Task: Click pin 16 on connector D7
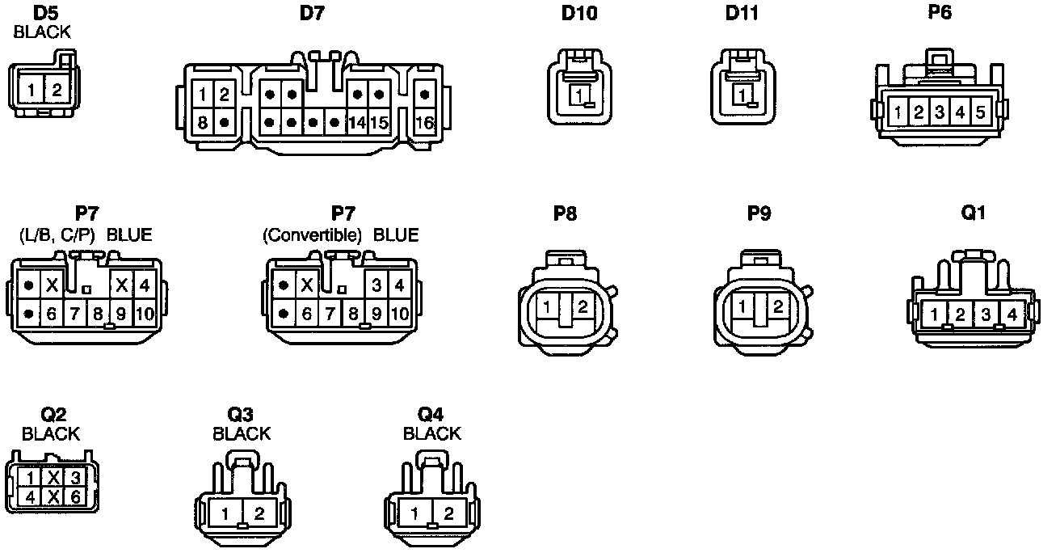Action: click(425, 123)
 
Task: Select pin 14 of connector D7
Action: click(357, 123)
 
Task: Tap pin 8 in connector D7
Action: click(203, 123)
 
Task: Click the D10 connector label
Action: click(579, 14)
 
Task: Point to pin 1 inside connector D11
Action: click(740, 95)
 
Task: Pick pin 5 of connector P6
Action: click(979, 112)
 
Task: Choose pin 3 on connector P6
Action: click(939, 112)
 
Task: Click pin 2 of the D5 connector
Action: click(57, 89)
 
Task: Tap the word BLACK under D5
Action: click(43, 32)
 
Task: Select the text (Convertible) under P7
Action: click(312, 235)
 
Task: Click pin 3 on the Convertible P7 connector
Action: click(376, 285)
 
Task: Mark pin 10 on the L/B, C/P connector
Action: click(145, 314)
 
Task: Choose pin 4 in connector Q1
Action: click(1011, 314)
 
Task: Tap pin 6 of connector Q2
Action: click(75, 496)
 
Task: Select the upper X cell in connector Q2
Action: click(53, 477)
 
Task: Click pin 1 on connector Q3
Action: click(227, 513)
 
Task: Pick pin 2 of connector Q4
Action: click(448, 513)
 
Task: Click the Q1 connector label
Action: click(973, 213)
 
